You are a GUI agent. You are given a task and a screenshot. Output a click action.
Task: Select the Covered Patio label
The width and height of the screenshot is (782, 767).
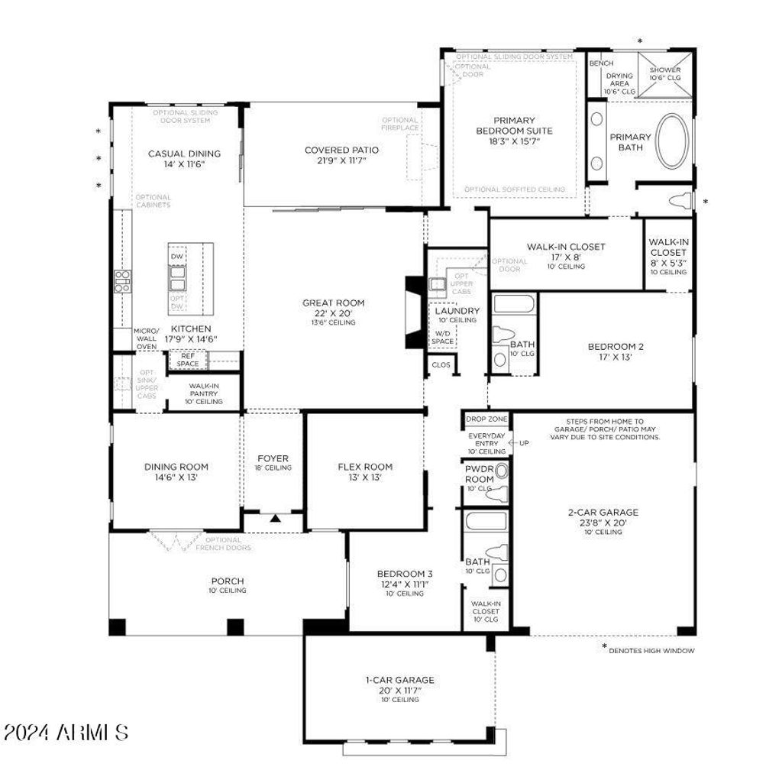pyautogui.click(x=341, y=150)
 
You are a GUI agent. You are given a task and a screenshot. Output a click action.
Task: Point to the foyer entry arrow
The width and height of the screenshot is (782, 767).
pyautogui.click(x=275, y=519)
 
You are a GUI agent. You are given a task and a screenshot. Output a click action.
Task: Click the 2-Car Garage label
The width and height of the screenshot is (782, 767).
pyautogui.click(x=603, y=513)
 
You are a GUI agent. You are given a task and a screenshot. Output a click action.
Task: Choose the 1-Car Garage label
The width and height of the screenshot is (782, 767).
pyautogui.click(x=399, y=679)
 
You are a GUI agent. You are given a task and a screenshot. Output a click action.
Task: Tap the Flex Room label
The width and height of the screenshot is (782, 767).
pyautogui.click(x=365, y=467)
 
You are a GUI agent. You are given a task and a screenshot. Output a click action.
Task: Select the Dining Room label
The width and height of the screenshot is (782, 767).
pyautogui.click(x=176, y=467)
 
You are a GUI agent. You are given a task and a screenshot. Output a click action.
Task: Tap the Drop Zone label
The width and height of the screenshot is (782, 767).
pyautogui.click(x=486, y=419)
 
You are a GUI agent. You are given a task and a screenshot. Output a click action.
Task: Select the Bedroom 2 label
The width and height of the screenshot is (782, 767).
pyautogui.click(x=611, y=347)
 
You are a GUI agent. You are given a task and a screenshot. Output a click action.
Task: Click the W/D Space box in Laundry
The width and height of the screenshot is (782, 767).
pyautogui.click(x=443, y=337)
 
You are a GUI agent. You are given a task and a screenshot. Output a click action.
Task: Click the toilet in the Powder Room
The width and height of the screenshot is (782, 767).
pyautogui.click(x=499, y=493)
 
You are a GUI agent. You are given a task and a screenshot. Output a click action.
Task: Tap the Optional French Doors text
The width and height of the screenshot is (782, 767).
pyautogui.click(x=223, y=544)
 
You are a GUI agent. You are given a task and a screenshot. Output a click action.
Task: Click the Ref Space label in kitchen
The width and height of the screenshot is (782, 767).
pyautogui.click(x=188, y=360)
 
